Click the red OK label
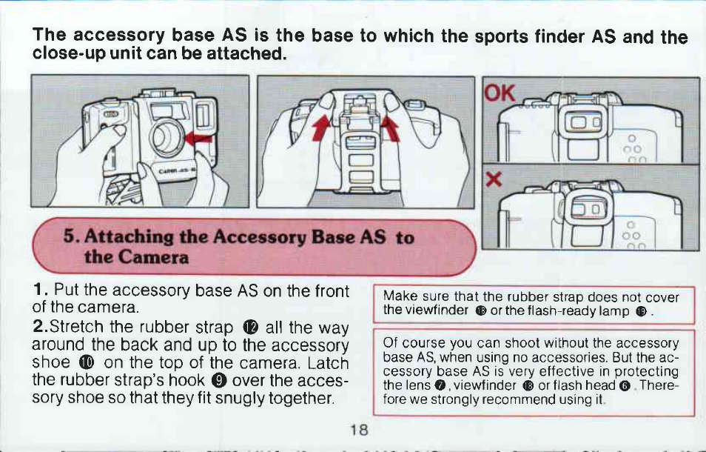point(500,93)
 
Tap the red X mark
point(494,180)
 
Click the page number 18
point(360,429)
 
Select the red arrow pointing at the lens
point(198,138)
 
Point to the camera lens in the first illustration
point(167,136)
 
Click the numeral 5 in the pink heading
point(68,235)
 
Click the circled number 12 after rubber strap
point(250,326)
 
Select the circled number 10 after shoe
point(86,362)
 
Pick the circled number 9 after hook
point(218,380)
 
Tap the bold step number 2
point(40,325)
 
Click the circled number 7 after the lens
point(440,386)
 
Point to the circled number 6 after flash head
point(625,386)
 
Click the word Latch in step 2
point(329,363)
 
